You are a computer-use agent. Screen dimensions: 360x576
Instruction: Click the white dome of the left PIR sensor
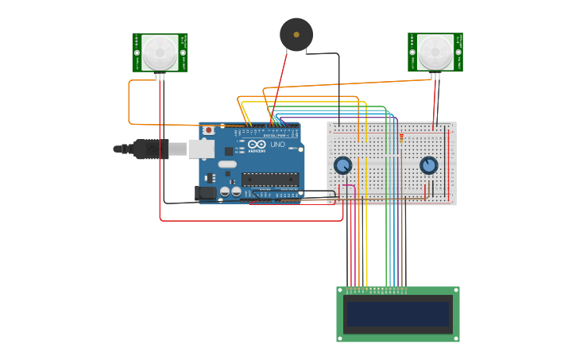point(160,52)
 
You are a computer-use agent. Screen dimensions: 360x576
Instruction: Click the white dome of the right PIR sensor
point(435,52)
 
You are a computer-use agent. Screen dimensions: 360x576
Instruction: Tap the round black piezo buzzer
point(296,35)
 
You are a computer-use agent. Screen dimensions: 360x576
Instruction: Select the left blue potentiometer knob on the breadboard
point(342,165)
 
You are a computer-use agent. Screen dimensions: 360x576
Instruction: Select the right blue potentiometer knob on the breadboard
point(429,165)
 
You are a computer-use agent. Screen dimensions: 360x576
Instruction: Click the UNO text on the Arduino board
point(277,145)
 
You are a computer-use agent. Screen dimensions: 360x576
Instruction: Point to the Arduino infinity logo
point(257,145)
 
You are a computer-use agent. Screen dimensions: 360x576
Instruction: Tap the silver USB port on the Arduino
point(202,148)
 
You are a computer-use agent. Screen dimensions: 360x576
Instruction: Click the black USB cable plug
point(150,149)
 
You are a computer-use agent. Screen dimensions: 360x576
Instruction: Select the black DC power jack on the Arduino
point(206,193)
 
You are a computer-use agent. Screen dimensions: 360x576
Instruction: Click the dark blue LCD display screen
point(397,314)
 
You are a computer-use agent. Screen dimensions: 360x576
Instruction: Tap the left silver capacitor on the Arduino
point(225,192)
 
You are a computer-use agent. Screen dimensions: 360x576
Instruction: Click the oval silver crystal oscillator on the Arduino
point(227,165)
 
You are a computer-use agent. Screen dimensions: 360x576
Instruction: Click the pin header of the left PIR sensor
point(160,76)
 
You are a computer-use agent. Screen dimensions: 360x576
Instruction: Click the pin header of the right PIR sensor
point(435,76)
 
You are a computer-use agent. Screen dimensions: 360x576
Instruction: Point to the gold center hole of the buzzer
point(296,35)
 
